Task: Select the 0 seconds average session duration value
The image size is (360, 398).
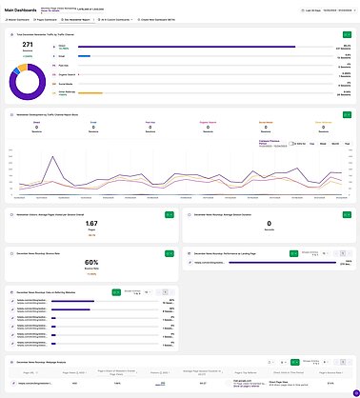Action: pos(270,225)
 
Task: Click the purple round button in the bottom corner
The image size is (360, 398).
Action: pos(354,392)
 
